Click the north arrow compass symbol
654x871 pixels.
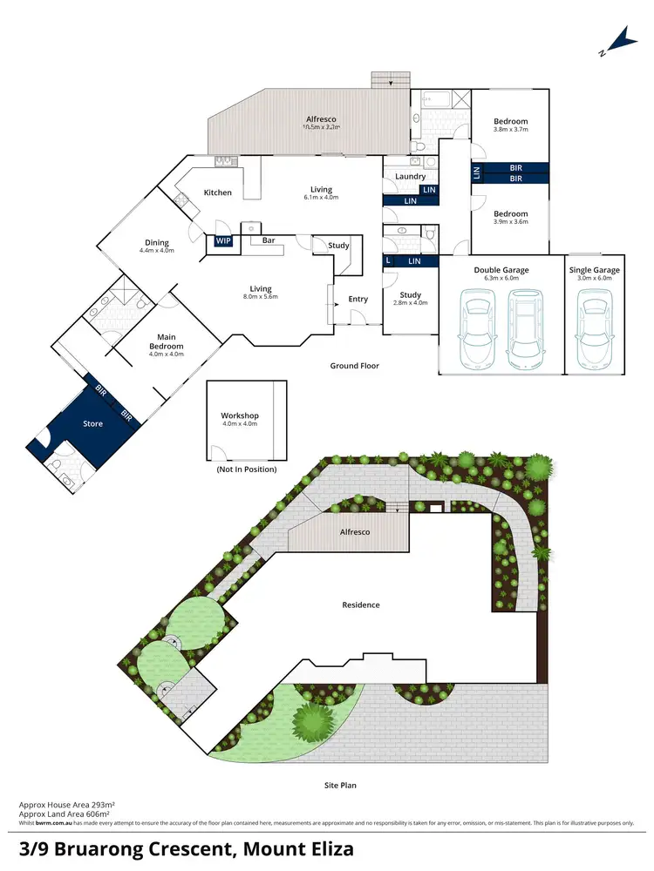pyautogui.click(x=619, y=40)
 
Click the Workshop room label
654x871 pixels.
pyautogui.click(x=240, y=416)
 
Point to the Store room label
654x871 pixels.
pyautogui.click(x=92, y=424)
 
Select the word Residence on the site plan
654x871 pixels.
pyautogui.click(x=361, y=604)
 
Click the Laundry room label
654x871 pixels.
pyautogui.click(x=411, y=177)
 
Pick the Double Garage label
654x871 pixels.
pyautogui.click(x=501, y=270)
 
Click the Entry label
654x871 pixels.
pyautogui.click(x=358, y=299)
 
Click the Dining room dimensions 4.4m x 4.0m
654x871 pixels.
pyautogui.click(x=157, y=251)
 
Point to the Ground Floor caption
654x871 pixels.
pyautogui.click(x=355, y=366)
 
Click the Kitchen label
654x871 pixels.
pyautogui.click(x=218, y=192)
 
